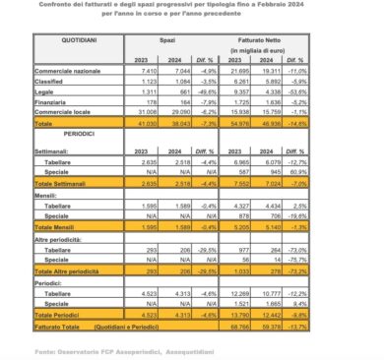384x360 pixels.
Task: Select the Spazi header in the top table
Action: (x=195, y=43)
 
